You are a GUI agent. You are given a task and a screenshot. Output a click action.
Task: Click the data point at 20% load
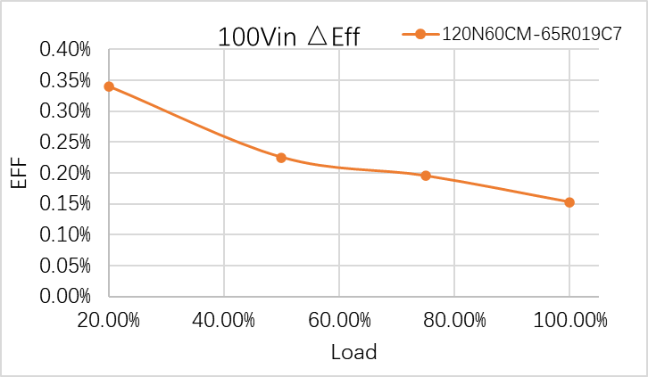pyautogui.click(x=109, y=86)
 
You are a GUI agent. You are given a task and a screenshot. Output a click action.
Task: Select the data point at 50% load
pyautogui.click(x=281, y=158)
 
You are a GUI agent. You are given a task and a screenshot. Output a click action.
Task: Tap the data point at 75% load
pyautogui.click(x=426, y=176)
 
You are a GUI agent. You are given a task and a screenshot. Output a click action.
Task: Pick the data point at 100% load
pyautogui.click(x=569, y=202)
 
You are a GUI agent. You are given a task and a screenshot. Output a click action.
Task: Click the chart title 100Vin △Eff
pyautogui.click(x=289, y=37)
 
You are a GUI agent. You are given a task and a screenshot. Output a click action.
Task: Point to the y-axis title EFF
pyautogui.click(x=19, y=173)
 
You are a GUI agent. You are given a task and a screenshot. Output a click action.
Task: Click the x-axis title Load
pyautogui.click(x=353, y=352)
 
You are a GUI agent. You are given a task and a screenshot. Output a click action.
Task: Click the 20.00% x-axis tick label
pyautogui.click(x=109, y=319)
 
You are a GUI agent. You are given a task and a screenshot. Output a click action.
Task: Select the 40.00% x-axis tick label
pyautogui.click(x=224, y=319)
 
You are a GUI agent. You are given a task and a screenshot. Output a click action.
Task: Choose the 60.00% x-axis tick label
pyautogui.click(x=339, y=319)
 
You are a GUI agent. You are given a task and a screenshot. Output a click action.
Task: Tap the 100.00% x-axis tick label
pyautogui.click(x=569, y=319)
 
